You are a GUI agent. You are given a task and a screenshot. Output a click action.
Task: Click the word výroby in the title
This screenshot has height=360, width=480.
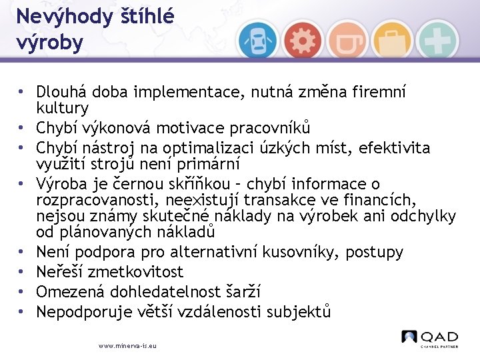(x=51, y=43)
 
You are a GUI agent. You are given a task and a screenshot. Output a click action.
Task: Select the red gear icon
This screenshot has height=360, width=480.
(x=303, y=40)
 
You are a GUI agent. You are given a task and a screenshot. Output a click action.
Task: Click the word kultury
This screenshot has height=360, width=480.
(x=62, y=107)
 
